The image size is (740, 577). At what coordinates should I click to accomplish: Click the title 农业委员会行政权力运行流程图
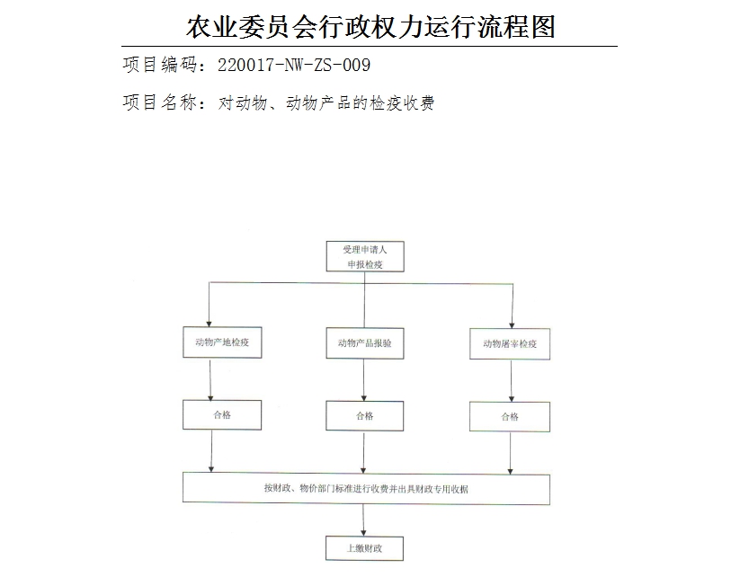pos(370,26)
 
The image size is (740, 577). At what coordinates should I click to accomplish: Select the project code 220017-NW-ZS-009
pos(294,66)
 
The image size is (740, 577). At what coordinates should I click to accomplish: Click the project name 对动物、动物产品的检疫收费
pos(326,103)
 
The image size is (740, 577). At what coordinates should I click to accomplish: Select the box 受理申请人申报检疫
pos(364,256)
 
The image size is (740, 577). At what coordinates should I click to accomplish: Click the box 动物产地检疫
pos(221,342)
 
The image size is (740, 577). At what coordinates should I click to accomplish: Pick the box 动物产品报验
pos(364,343)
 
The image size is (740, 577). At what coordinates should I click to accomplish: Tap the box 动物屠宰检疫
pos(510,343)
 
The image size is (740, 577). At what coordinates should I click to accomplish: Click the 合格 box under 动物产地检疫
pos(221,415)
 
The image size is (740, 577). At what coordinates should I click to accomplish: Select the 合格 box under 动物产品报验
pos(364,416)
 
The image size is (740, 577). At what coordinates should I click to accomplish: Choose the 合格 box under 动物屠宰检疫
pos(510,416)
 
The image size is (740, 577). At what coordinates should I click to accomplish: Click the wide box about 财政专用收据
pos(366,489)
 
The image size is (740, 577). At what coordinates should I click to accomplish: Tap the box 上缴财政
pos(364,548)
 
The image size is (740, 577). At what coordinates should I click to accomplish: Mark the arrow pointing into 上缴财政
pos(364,520)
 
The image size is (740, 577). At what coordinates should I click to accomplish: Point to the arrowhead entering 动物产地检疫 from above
pos(210,322)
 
